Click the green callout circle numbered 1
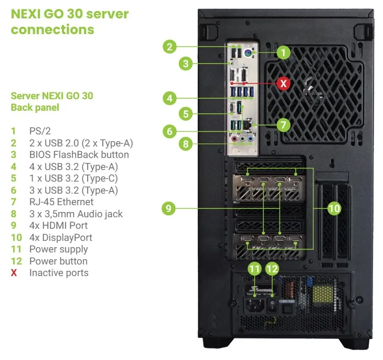click(283, 52)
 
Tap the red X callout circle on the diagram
click(283, 83)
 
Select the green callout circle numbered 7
click(283, 125)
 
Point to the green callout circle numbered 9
click(168, 208)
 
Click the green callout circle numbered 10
click(334, 208)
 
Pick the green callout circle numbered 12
click(272, 269)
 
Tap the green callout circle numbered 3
click(186, 63)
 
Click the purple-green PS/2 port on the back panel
click(248, 53)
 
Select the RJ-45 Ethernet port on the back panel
click(248, 125)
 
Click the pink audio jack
click(235, 139)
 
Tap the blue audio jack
click(250, 139)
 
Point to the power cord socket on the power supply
click(254, 305)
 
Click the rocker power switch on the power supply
click(272, 305)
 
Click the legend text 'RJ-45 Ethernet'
click(61, 202)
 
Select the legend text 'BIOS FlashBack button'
click(79, 154)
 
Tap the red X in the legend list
click(14, 273)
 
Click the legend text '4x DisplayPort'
click(61, 238)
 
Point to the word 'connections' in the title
click(52, 29)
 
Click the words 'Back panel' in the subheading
click(35, 108)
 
